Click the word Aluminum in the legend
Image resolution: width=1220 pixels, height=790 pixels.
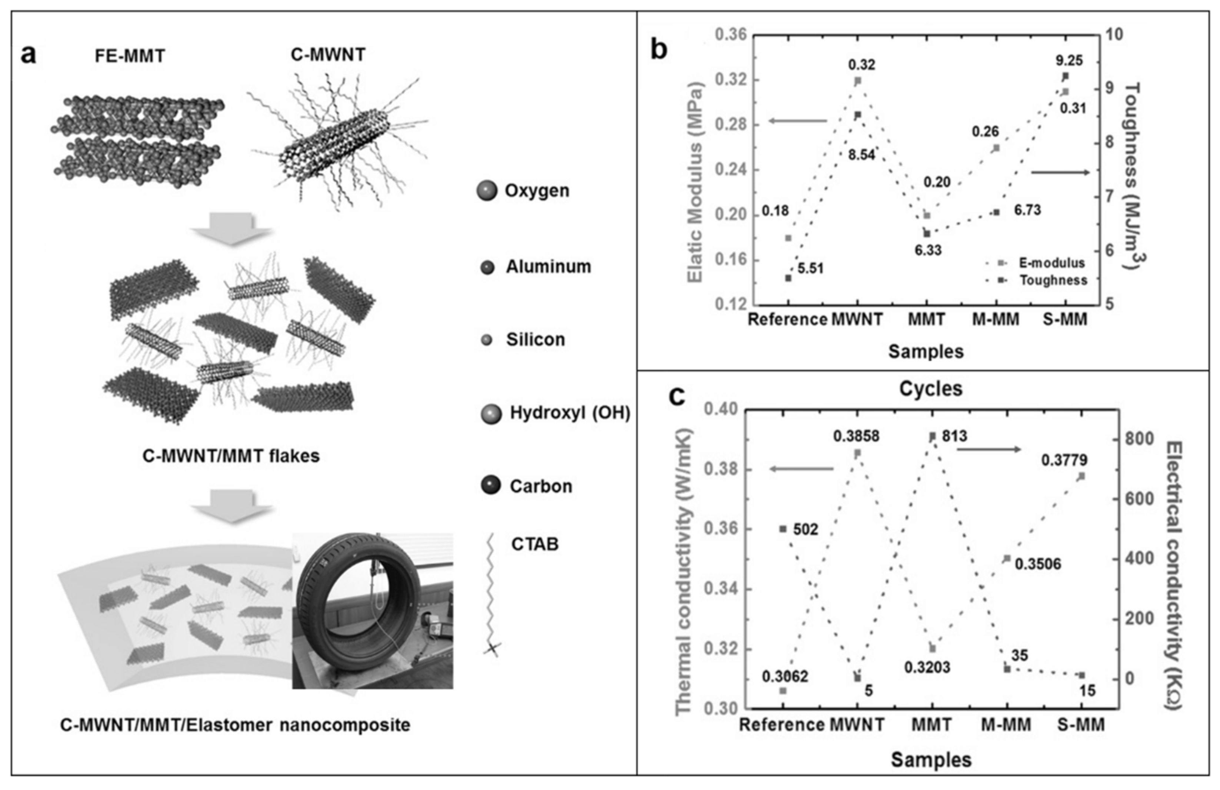coord(549,267)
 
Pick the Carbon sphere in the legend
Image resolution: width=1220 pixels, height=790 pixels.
coord(491,486)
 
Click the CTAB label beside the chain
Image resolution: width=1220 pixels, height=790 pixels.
coord(535,544)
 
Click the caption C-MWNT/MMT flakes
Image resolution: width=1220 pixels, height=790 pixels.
coord(231,455)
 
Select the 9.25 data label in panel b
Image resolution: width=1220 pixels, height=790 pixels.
coord(1069,60)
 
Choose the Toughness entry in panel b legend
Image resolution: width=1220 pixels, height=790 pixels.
coord(1053,280)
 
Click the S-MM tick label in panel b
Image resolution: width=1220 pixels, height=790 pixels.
coord(1065,319)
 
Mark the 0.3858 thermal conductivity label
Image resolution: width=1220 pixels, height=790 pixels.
coord(856,436)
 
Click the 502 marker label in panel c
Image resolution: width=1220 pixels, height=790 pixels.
coord(805,530)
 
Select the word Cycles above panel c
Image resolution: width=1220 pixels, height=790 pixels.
coord(930,389)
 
